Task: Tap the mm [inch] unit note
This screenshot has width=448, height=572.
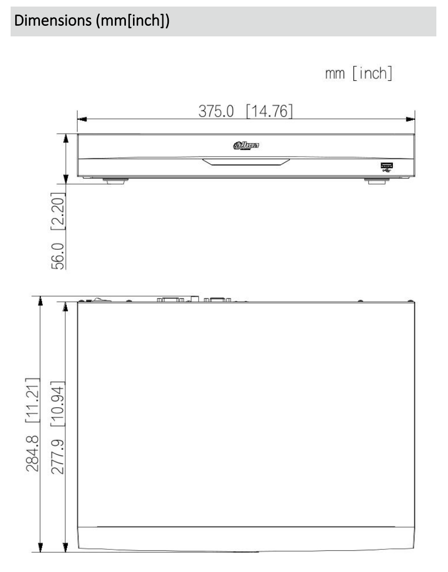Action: click(x=359, y=74)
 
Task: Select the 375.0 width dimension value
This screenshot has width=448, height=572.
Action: click(x=216, y=111)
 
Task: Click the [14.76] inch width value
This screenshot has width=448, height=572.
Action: click(x=269, y=111)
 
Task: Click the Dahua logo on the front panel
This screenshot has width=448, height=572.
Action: click(x=246, y=147)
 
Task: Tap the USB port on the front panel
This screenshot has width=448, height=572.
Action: click(x=385, y=166)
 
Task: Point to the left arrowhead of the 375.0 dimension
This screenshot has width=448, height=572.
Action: click(x=81, y=120)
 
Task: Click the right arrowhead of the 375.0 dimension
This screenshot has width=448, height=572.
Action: click(x=411, y=120)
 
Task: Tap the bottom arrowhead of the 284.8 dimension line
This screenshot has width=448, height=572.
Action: click(x=40, y=547)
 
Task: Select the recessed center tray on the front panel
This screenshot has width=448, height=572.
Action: click(x=246, y=162)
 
